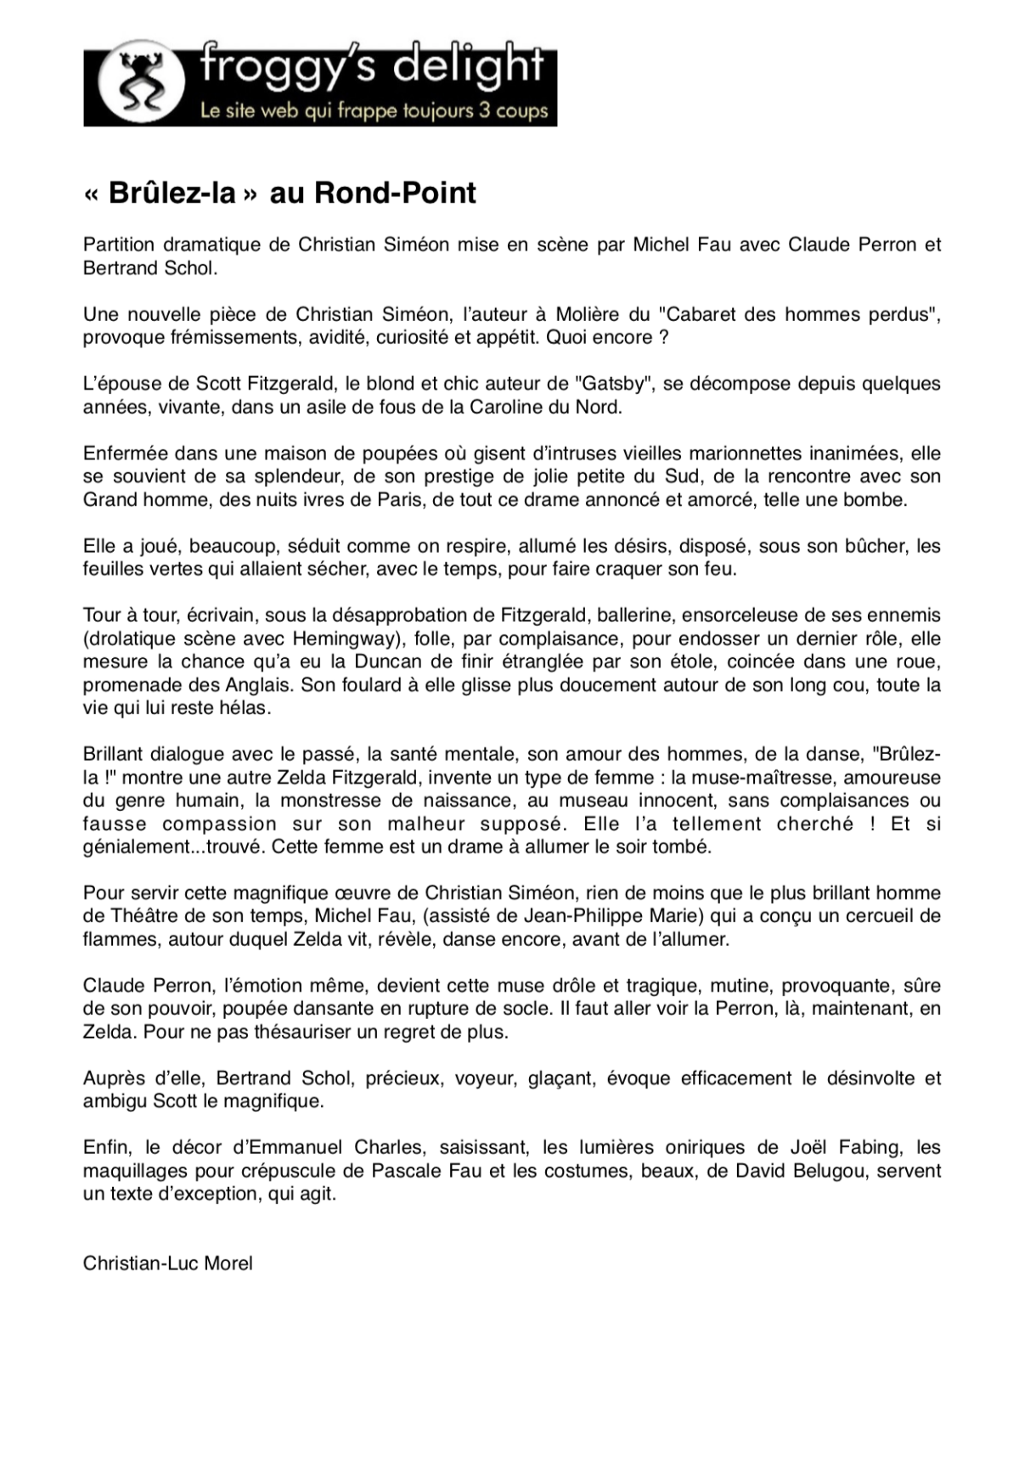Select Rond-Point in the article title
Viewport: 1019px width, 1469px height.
395,194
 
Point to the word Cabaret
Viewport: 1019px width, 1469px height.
701,314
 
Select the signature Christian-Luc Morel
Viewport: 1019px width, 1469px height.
168,1264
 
